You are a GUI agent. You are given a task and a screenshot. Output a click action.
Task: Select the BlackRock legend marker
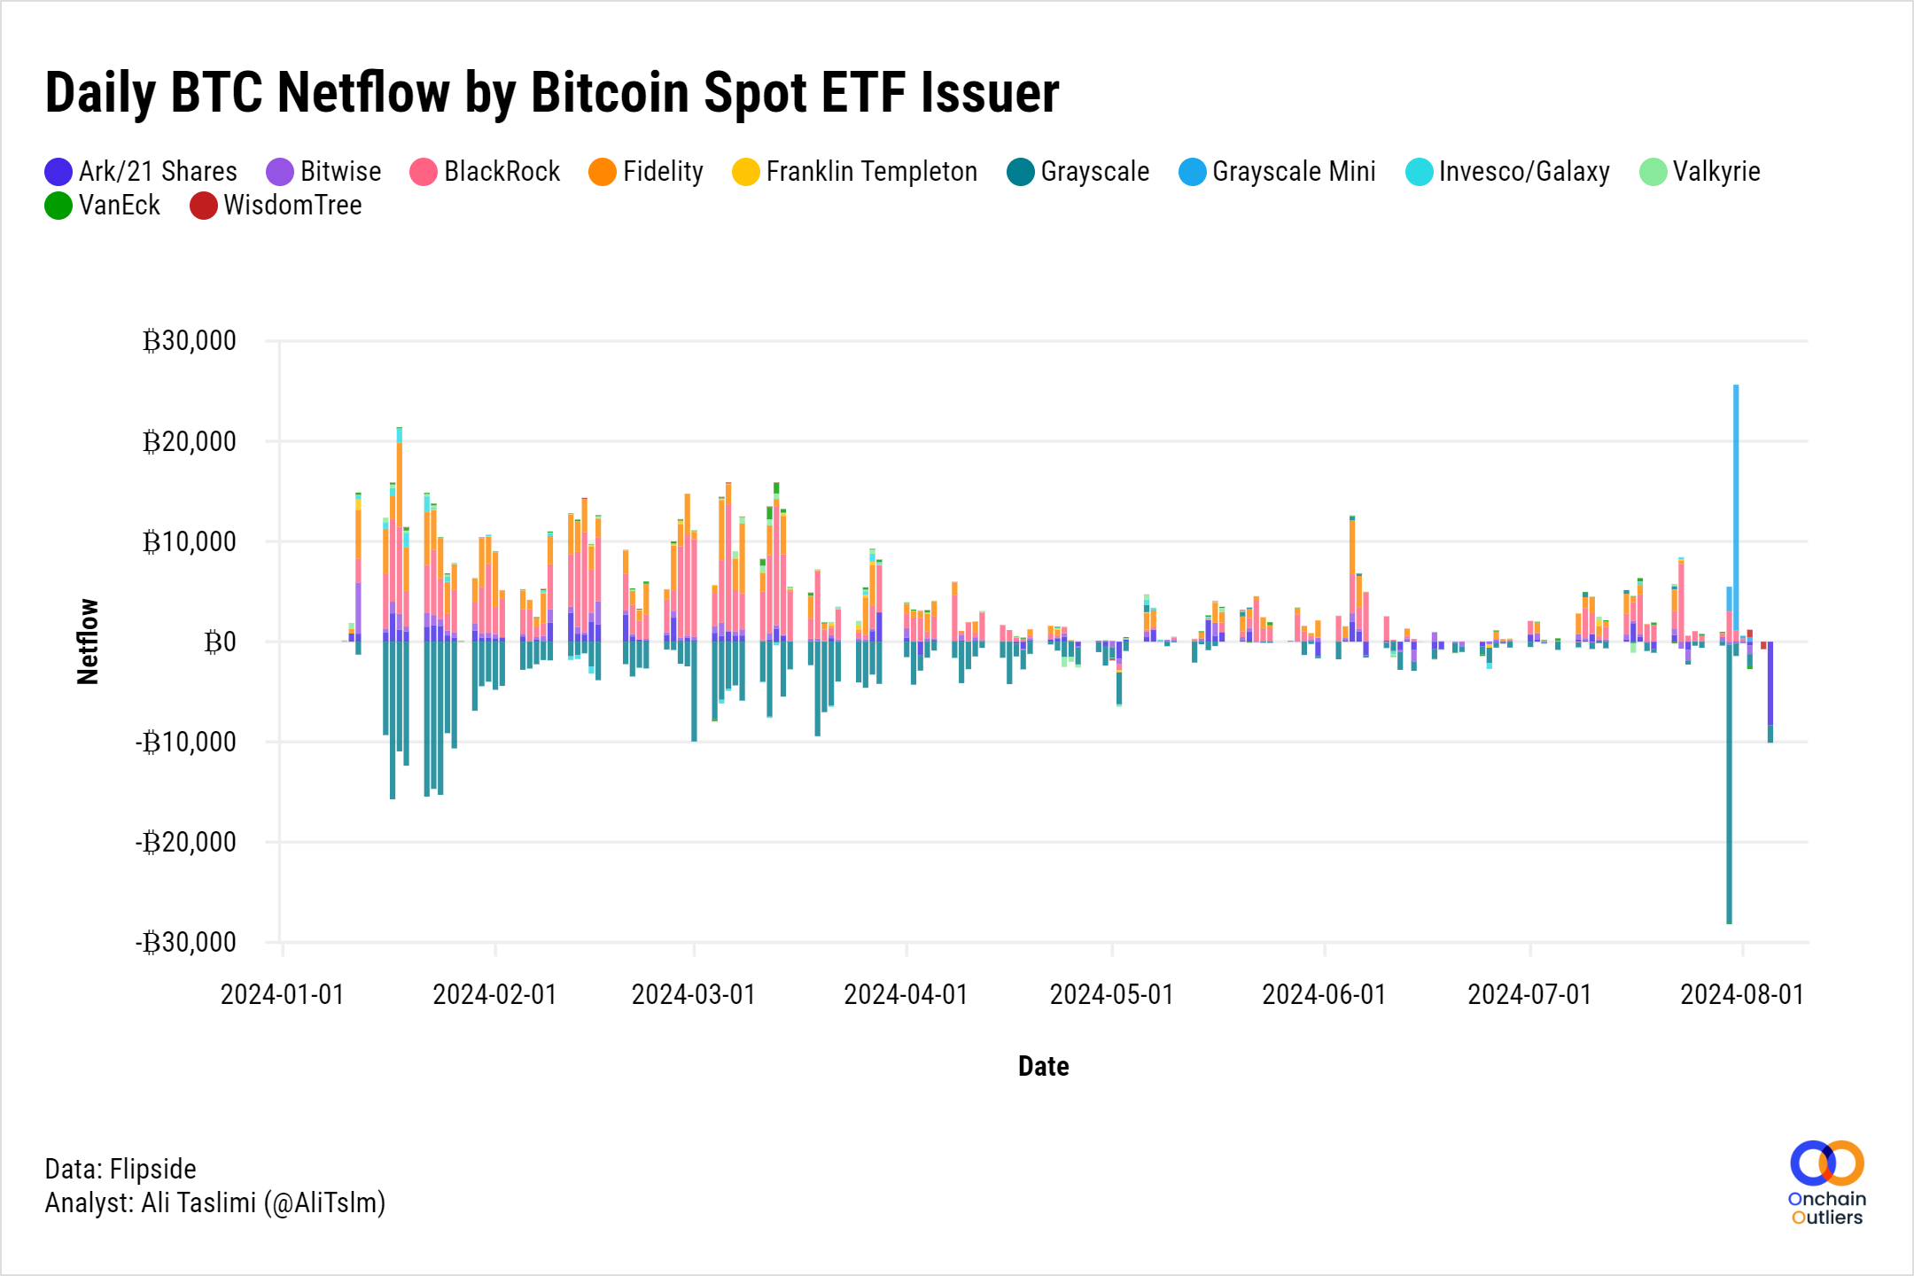pos(424,172)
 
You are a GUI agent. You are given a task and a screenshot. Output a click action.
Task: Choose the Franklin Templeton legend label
pos(871,172)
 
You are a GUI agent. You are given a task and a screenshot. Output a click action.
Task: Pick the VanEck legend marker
pos(58,206)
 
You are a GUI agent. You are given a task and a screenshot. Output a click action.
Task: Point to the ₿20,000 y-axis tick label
pos(190,441)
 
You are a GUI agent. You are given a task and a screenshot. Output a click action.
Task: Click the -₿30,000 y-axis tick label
pos(186,942)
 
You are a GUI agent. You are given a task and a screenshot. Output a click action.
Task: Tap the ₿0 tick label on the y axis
pos(220,642)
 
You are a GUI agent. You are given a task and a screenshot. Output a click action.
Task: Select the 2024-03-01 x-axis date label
pos(693,994)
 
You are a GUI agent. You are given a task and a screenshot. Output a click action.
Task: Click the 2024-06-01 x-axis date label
pos(1324,994)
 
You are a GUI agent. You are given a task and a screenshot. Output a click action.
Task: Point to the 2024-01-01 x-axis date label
pos(282,994)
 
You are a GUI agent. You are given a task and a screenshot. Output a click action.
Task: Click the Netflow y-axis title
pos(88,642)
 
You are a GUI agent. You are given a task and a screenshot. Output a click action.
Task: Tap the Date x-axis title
pos(1043,1066)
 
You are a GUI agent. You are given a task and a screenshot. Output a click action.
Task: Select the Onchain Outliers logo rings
pos(1826,1163)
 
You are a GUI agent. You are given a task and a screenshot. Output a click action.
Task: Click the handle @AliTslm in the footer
pos(324,1203)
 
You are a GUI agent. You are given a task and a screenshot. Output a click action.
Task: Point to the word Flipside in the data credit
pos(152,1170)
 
